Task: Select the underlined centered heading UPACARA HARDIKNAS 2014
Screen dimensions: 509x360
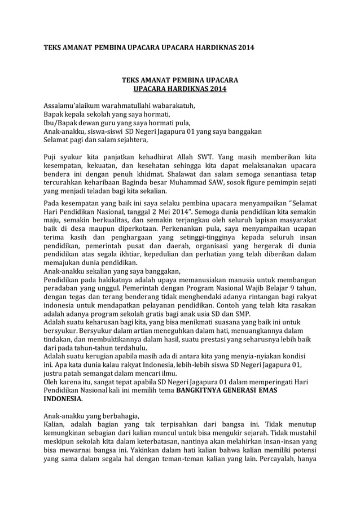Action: [x=180, y=89]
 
